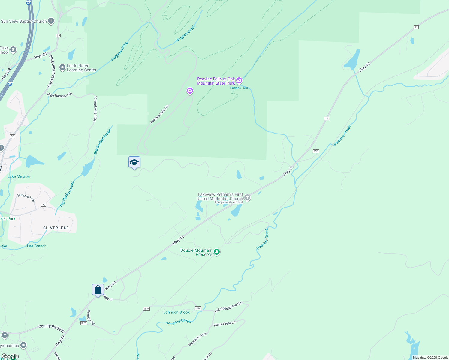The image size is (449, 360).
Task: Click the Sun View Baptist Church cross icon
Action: (x=51, y=21)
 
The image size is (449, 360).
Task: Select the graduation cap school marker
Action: (x=134, y=162)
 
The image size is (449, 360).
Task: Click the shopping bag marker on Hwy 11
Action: (x=98, y=290)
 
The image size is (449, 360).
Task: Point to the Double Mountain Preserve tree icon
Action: (x=217, y=252)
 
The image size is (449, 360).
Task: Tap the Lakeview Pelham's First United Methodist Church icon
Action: (x=247, y=197)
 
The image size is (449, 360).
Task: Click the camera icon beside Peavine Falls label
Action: (x=239, y=80)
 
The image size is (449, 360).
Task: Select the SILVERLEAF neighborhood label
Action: (x=56, y=228)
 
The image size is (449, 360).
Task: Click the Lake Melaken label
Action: (x=20, y=176)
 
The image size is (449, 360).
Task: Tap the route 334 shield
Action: (x=316, y=151)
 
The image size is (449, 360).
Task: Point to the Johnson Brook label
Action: (x=176, y=312)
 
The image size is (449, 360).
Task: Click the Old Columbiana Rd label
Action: (x=228, y=307)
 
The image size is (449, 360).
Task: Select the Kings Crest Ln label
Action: (x=224, y=324)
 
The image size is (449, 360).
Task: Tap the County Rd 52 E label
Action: (x=51, y=328)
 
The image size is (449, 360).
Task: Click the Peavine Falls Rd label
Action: (x=159, y=114)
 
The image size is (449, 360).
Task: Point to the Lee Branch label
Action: (x=37, y=246)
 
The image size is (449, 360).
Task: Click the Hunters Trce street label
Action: (x=26, y=197)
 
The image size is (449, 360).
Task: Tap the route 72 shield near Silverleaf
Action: (x=44, y=205)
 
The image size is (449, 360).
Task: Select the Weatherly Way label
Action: (x=197, y=339)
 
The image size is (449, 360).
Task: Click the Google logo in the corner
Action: (x=10, y=356)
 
